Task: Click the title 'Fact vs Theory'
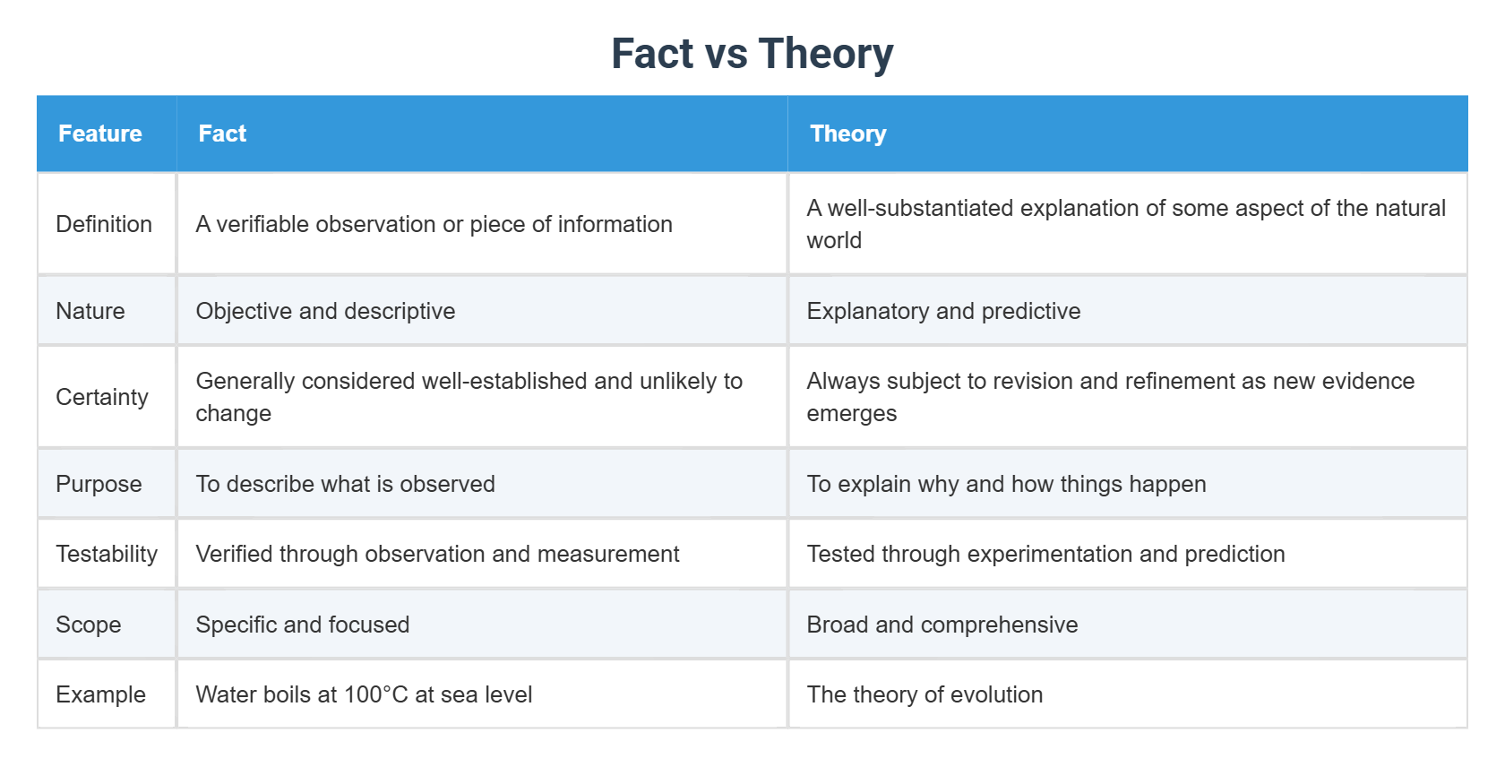point(752,54)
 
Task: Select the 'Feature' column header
point(100,134)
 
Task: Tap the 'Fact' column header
point(222,134)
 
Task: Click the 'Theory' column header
point(847,134)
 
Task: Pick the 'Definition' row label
point(104,224)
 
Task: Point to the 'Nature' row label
point(90,311)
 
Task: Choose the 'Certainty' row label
point(102,397)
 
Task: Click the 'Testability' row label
point(107,554)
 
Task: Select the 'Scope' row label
point(89,625)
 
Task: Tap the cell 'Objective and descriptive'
point(325,311)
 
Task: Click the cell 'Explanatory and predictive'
point(943,311)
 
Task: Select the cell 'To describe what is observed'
point(345,484)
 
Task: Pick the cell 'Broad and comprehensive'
point(942,625)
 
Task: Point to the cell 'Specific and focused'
point(302,625)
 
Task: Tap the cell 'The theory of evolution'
point(924,694)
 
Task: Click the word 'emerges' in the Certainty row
point(851,414)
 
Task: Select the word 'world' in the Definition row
point(834,241)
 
